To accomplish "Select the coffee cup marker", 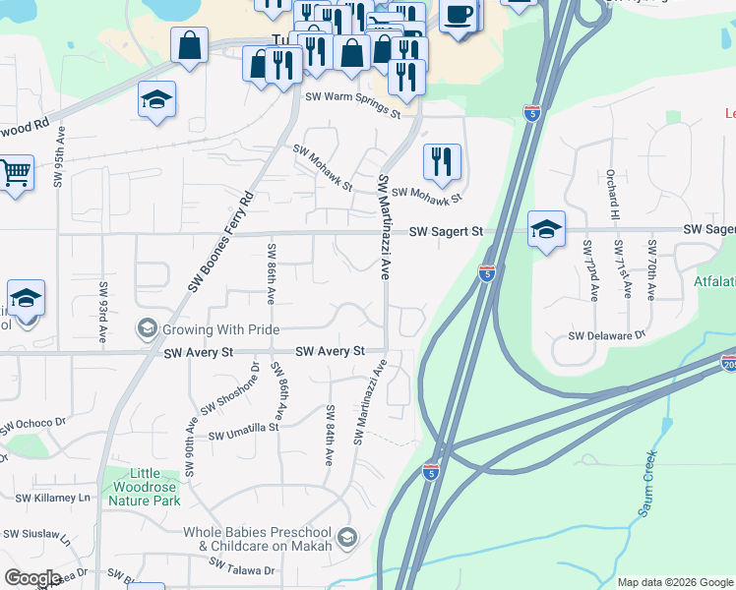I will [459, 15].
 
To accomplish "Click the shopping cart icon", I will [15, 173].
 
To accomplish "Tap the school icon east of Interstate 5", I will [546, 229].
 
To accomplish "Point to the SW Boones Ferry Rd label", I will [220, 241].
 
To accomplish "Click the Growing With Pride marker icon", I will [147, 327].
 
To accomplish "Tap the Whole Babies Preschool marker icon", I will [346, 537].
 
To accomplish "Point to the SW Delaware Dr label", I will [606, 335].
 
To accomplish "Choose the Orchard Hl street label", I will [612, 193].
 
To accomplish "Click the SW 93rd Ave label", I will [102, 312].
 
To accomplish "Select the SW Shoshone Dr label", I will [231, 389].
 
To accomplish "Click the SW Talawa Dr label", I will [242, 569].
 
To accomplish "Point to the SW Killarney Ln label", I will [45, 499].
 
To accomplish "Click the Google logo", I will [31, 578].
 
